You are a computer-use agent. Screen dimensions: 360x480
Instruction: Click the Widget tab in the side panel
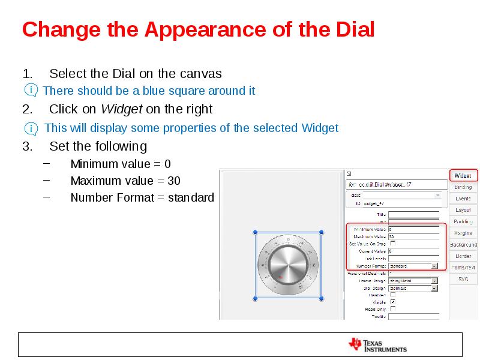[463, 176]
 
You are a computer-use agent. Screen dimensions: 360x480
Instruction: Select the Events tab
[463, 199]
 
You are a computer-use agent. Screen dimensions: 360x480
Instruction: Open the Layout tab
[463, 210]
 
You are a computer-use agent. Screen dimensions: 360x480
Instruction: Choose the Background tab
[463, 245]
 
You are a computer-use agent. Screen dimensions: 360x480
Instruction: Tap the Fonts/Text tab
[463, 268]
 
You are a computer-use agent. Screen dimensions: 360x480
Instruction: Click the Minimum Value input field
[413, 229]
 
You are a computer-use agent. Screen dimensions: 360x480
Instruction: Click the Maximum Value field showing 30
[413, 236]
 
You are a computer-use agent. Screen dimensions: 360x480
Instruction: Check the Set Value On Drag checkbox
[393, 244]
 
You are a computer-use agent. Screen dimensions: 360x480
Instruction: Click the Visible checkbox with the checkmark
[393, 302]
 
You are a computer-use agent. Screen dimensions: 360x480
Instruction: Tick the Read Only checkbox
[393, 309]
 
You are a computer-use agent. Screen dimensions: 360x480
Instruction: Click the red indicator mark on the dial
[280, 276]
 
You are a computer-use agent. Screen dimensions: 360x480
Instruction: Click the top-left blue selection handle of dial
[256, 232]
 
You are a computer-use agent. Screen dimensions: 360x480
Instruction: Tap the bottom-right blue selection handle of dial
[322, 298]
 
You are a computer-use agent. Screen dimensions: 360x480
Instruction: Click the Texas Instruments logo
[378, 345]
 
